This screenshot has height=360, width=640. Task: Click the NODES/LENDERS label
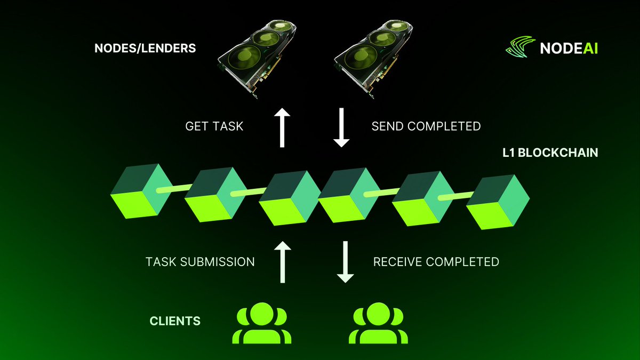pos(145,49)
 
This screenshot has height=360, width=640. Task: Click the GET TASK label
pos(214,126)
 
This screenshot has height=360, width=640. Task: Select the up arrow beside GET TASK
pos(282,126)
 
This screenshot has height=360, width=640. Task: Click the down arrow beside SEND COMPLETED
pos(341,126)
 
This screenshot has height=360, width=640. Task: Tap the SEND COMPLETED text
pos(426,126)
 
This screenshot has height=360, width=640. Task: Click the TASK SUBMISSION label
pos(200,262)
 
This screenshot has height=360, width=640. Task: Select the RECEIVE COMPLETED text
pos(436,262)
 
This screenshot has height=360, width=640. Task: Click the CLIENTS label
pos(175,321)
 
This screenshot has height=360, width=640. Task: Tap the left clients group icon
pos(262,323)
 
